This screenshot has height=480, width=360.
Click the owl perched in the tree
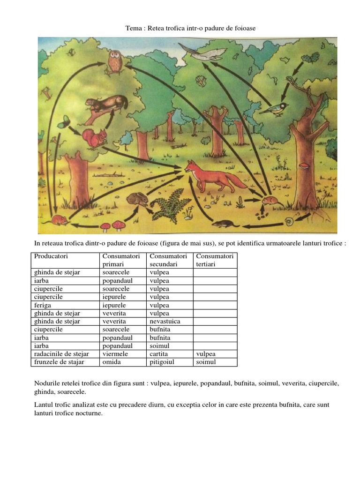[115, 61]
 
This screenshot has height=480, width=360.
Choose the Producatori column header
[51, 256]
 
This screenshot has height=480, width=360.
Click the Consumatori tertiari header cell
[215, 260]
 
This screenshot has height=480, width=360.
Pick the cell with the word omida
[111, 362]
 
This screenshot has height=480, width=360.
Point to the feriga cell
[43, 305]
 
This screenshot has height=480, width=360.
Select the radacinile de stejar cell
[61, 354]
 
